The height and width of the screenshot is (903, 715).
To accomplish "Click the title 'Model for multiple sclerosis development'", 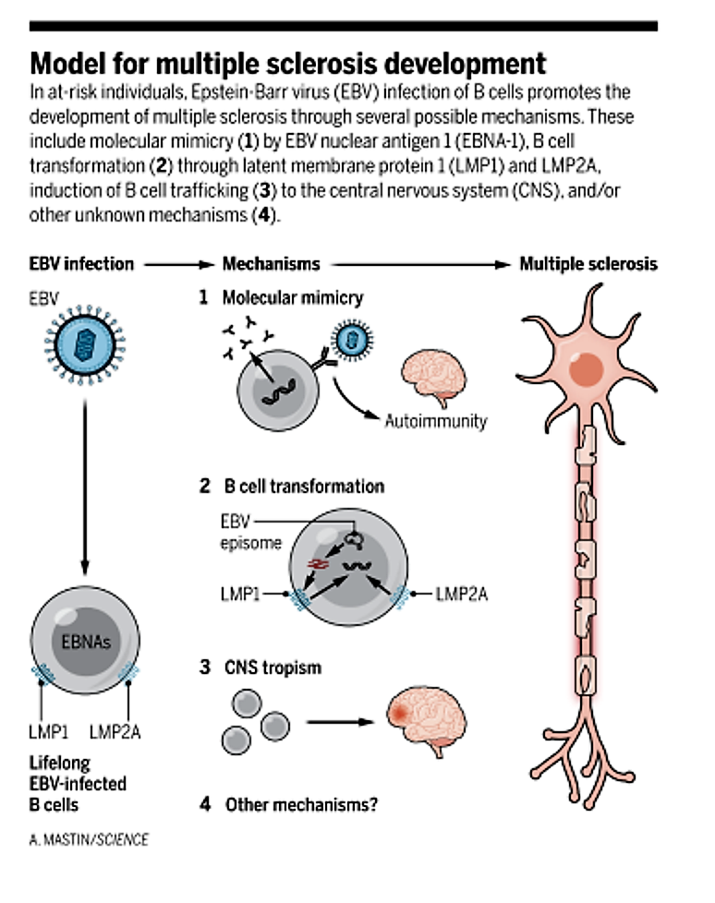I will (x=287, y=64).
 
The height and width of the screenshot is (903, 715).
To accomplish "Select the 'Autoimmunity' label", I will (x=435, y=421).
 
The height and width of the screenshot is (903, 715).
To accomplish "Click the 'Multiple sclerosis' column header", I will (x=588, y=264).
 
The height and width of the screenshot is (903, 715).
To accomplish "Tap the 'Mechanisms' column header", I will (x=271, y=264).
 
